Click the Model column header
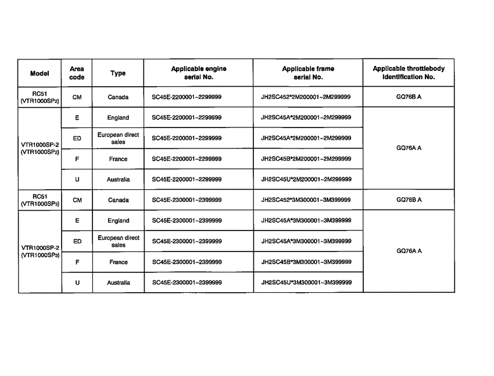(40, 73)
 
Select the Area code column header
(77, 73)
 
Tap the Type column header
(118, 73)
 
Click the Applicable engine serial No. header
(199, 73)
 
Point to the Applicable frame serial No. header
(308, 73)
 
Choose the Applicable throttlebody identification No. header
(409, 73)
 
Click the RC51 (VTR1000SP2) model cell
(40, 97)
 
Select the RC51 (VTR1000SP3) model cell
(40, 200)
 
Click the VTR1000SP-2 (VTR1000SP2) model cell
(40, 148)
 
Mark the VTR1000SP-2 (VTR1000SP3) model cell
(40, 251)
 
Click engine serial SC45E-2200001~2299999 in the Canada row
(187, 97)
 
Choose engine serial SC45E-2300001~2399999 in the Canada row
(187, 200)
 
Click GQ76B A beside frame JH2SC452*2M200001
(409, 97)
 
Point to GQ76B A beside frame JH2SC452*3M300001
(409, 200)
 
